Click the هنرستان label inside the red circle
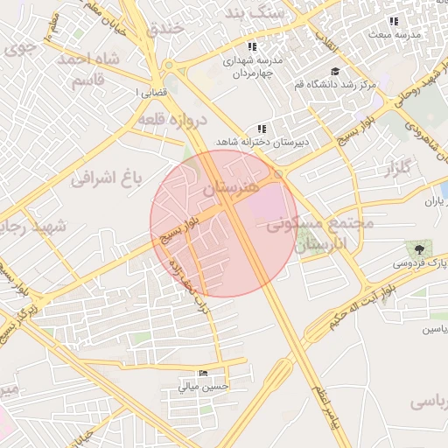coord(230,187)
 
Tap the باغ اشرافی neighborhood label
coord(105,179)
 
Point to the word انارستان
coord(321,244)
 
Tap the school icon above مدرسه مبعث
coord(394,21)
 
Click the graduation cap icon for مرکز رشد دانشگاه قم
coord(334,72)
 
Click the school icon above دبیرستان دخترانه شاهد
coord(261,129)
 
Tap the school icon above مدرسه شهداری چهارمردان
coord(252,47)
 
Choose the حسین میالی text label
coord(203,385)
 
